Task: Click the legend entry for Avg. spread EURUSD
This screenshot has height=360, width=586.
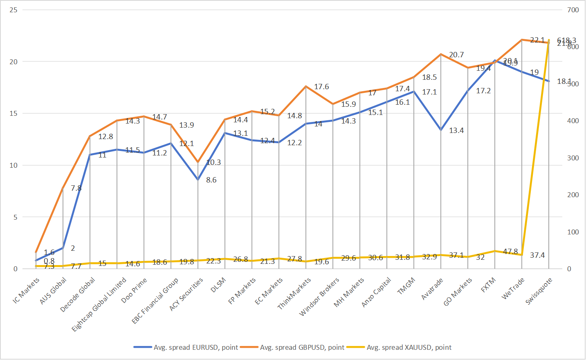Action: [x=195, y=347]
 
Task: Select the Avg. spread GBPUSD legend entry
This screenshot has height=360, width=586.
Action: [x=302, y=347]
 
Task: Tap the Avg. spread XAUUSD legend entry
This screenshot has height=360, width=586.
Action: [x=409, y=347]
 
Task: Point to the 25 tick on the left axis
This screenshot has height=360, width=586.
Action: [x=13, y=10]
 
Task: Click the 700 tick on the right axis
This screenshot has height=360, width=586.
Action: [x=573, y=10]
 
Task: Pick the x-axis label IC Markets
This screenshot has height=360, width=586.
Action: [x=26, y=290]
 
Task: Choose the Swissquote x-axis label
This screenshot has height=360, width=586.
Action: [x=539, y=291]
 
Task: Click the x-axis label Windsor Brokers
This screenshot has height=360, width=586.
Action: [x=319, y=297]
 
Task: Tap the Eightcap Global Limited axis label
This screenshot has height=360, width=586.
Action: [x=99, y=305]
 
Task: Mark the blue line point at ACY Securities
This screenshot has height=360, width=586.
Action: [x=198, y=180]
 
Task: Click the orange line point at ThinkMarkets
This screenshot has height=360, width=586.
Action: [x=306, y=86]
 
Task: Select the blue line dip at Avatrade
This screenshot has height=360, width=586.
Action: [x=441, y=130]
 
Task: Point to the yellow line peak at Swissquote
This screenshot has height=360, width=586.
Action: [x=549, y=40]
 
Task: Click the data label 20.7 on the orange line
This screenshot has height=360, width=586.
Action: [x=456, y=55]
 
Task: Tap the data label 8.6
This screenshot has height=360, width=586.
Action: [x=211, y=180]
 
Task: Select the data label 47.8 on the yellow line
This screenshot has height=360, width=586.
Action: [x=510, y=252]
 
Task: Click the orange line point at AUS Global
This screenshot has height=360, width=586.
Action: [x=63, y=188]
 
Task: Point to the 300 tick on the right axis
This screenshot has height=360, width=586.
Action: [x=573, y=158]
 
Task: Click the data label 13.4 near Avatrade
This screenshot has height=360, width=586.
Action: [x=456, y=130]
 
